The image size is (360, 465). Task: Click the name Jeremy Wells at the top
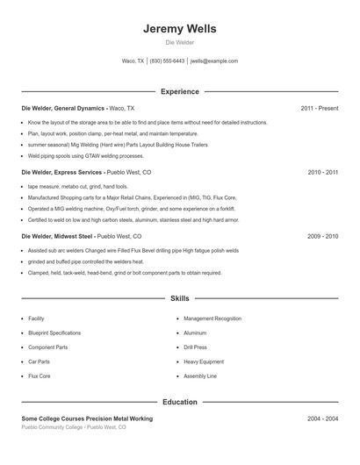[179, 29]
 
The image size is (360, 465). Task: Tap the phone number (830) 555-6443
[167, 61]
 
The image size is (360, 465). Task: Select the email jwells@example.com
[214, 61]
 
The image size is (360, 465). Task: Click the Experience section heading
[179, 91]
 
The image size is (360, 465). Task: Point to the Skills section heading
[179, 299]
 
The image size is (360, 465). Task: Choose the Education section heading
[179, 402]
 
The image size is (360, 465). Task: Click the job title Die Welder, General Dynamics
[62, 108]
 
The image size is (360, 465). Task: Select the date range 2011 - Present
[319, 108]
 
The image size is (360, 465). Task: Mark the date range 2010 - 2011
[322, 173]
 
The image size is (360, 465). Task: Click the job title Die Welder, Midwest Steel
[56, 237]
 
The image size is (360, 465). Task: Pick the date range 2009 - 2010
[322, 237]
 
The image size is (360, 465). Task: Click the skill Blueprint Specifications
[54, 333]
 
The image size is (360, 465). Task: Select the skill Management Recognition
[212, 318]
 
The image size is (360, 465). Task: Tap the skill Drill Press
[195, 347]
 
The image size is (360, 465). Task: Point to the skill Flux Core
[40, 376]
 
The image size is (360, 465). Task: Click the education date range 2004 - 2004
[322, 419]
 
